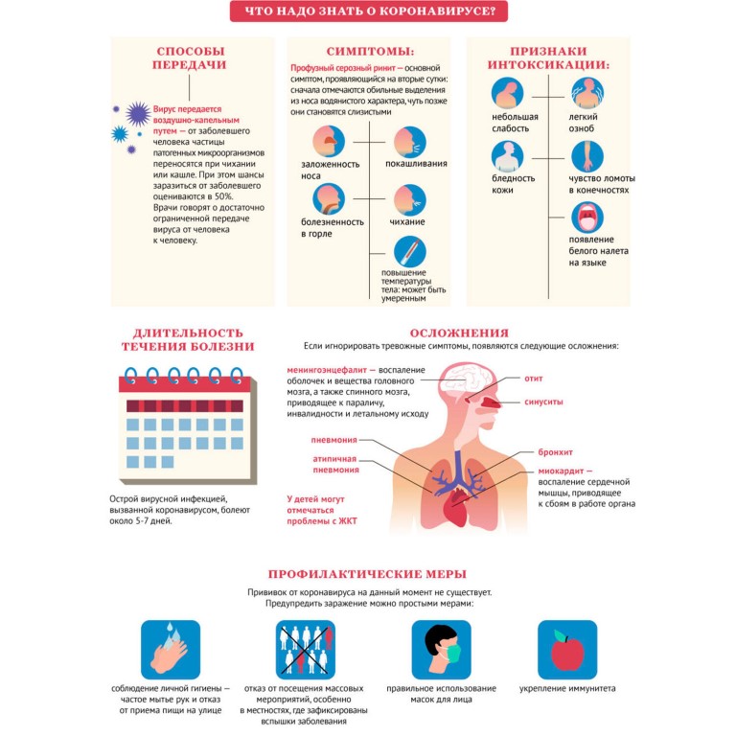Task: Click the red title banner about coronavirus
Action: pyautogui.click(x=369, y=12)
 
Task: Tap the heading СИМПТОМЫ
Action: pyautogui.click(x=369, y=50)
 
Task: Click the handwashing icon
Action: pyautogui.click(x=171, y=649)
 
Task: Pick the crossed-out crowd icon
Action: pyautogui.click(x=306, y=649)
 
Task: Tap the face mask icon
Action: pyautogui.click(x=441, y=649)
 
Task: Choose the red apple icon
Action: pyautogui.click(x=567, y=649)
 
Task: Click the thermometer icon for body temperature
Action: pyautogui.click(x=410, y=252)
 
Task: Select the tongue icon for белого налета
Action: pyautogui.click(x=587, y=218)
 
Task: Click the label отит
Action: pyautogui.click(x=534, y=379)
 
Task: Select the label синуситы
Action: pyautogui.click(x=543, y=402)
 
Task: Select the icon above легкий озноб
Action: pyautogui.click(x=587, y=93)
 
